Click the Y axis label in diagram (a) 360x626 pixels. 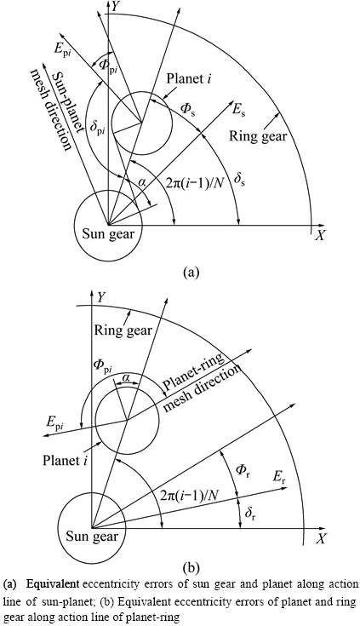tap(116, 6)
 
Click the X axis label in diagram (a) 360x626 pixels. tap(320, 236)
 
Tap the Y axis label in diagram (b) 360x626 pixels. tap(102, 297)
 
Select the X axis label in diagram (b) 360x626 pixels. tap(320, 539)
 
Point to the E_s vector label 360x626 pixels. tap(238, 111)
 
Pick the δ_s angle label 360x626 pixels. tap(238, 181)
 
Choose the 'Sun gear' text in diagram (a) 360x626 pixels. tap(109, 233)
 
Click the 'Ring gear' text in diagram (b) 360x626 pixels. tap(123, 330)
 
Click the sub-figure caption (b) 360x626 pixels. tap(190, 567)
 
